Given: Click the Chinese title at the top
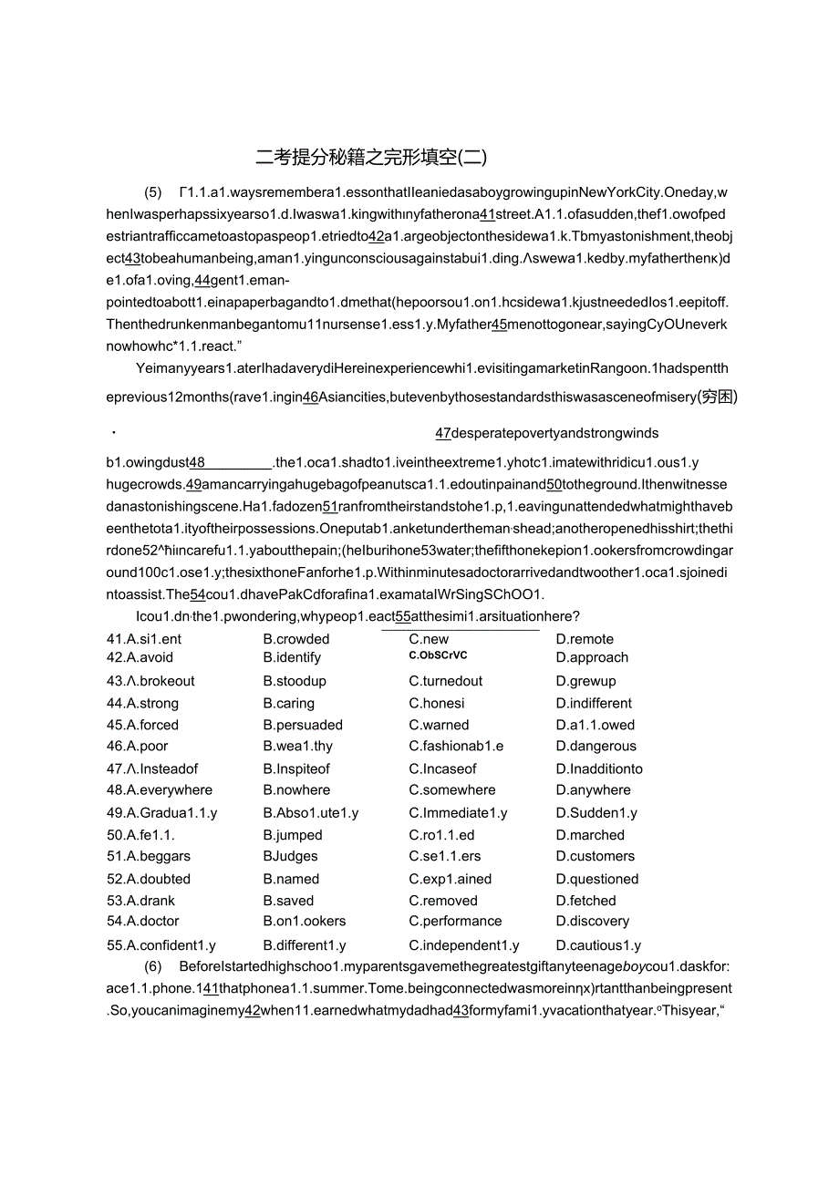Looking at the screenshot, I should click(371, 157).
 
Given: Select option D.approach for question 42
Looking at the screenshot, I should click(592, 657).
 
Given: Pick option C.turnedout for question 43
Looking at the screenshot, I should click(446, 681).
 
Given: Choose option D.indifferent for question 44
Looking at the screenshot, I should click(594, 704).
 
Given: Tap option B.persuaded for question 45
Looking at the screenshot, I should click(303, 726).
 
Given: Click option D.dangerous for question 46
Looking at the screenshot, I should click(596, 747).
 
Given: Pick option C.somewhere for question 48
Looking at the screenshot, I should click(451, 790).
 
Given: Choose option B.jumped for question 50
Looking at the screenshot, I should click(293, 835).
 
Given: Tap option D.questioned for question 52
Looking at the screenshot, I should click(596, 880).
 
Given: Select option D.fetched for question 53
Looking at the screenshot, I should click(585, 901).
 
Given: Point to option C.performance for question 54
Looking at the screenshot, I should click(455, 922).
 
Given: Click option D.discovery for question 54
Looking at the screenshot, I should click(592, 922).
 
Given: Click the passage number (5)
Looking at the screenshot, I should click(153, 192).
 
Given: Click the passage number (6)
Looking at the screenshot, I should click(153, 966).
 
